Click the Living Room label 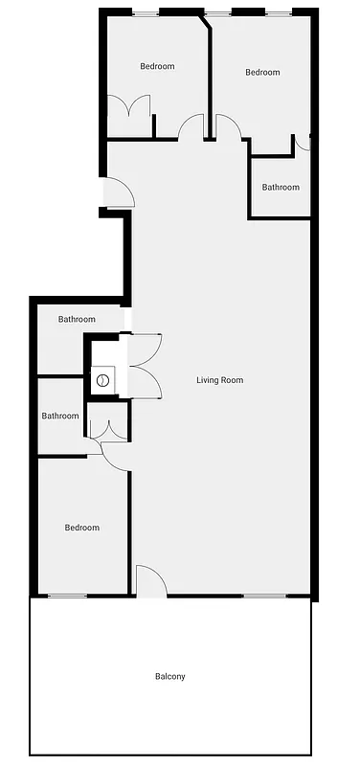click(x=219, y=380)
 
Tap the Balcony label click(x=169, y=677)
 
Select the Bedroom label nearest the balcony click(x=81, y=528)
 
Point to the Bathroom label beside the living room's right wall click(x=281, y=188)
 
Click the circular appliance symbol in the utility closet click(x=102, y=380)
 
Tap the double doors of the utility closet click(x=144, y=365)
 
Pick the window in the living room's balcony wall click(x=263, y=597)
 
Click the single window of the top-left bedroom click(x=146, y=12)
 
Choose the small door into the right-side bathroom click(x=303, y=143)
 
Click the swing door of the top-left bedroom click(x=191, y=126)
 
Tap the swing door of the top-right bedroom click(x=229, y=127)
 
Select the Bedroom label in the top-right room click(x=261, y=73)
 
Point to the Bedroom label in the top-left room click(x=157, y=66)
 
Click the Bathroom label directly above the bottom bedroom click(x=59, y=417)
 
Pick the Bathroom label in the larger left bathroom click(x=77, y=319)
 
